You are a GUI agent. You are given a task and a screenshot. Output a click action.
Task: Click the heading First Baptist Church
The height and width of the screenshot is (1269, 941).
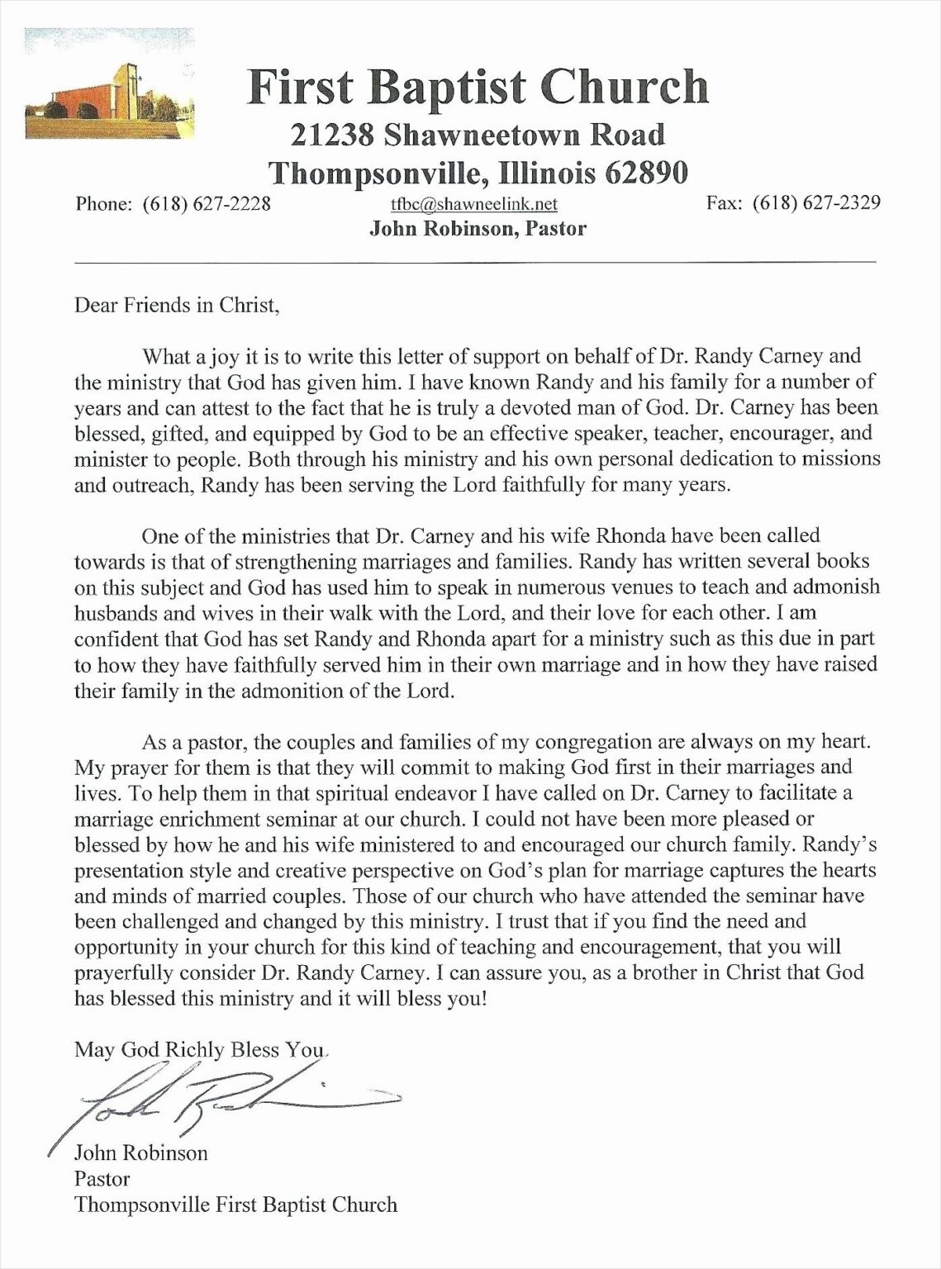tap(478, 88)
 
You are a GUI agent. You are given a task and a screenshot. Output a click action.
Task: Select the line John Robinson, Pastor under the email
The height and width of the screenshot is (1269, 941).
tap(478, 229)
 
